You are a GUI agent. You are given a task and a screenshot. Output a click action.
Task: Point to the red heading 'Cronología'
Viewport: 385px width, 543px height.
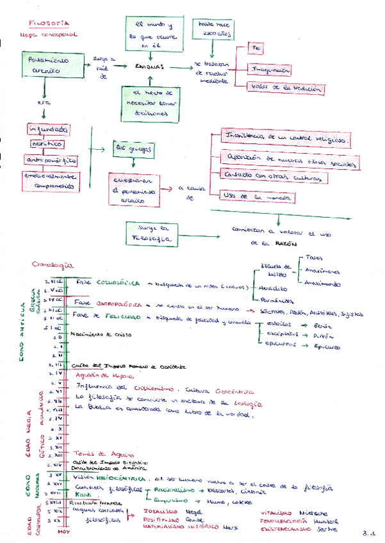click(53, 264)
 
